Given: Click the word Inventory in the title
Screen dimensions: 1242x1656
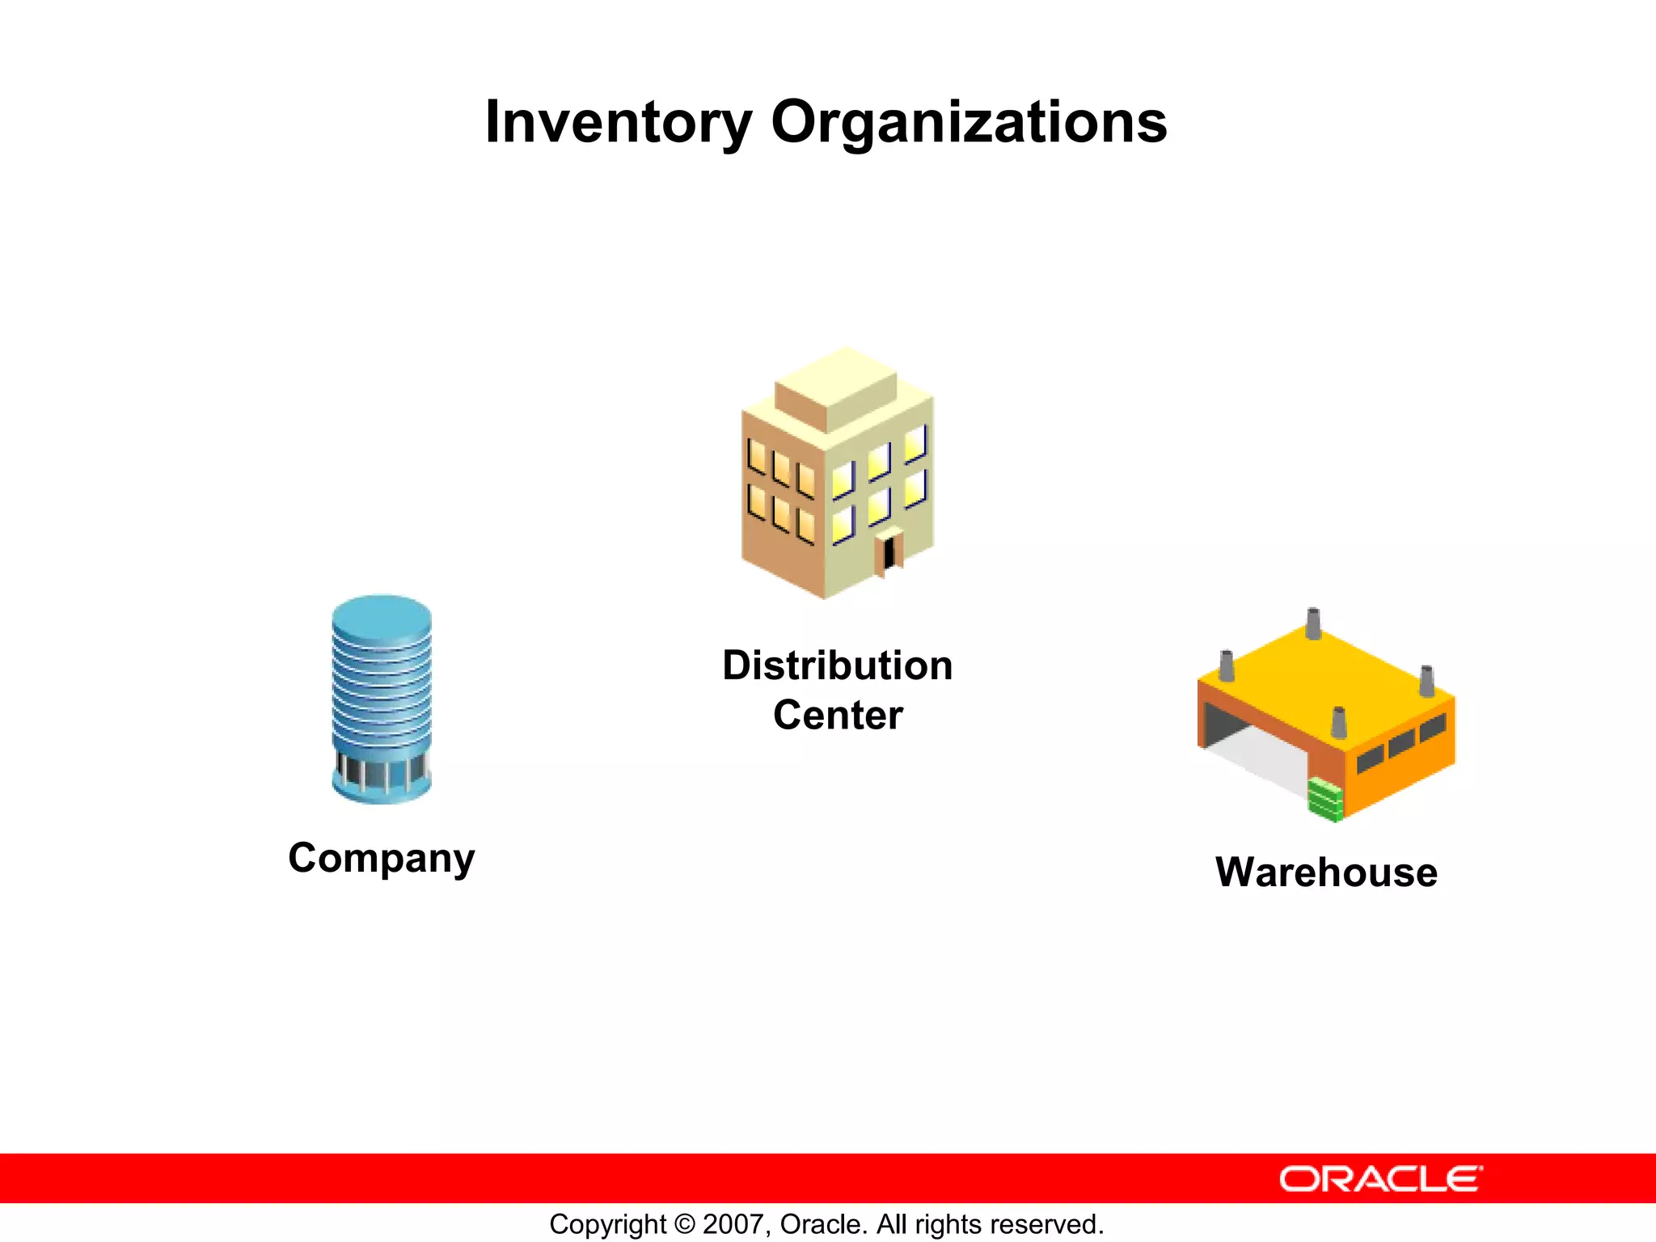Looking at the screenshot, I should (618, 123).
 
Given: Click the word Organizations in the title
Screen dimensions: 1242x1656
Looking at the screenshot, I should (969, 123).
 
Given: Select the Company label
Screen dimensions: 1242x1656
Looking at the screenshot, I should (382, 858).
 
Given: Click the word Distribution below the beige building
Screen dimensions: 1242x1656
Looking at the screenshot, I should (837, 665).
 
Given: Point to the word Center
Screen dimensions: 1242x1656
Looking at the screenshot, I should (838, 716).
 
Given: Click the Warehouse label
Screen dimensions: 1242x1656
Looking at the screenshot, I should (1326, 872).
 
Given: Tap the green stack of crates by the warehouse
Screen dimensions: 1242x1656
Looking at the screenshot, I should (1325, 798).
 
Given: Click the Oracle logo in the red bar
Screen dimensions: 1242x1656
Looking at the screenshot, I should (1380, 1179).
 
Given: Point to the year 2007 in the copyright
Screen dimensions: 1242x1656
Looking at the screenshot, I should (731, 1224).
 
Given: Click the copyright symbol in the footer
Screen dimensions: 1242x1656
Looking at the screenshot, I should (684, 1224).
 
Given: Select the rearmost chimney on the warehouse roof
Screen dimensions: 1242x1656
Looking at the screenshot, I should (1313, 623).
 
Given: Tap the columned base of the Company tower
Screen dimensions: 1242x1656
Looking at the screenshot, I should (382, 776).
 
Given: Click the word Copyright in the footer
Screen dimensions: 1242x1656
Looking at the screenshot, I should (608, 1224).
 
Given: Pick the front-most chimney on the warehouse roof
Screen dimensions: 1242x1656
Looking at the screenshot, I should (1338, 722).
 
